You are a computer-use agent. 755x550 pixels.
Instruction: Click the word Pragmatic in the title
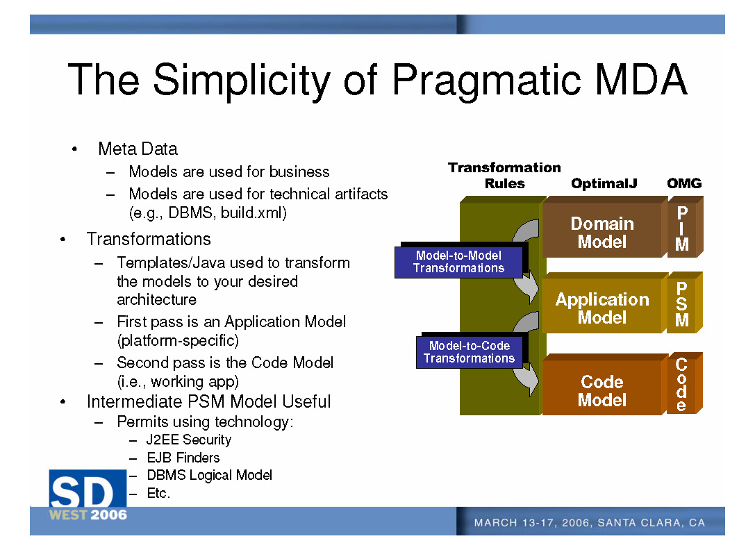(x=486, y=80)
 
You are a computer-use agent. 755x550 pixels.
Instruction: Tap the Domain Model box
(x=601, y=233)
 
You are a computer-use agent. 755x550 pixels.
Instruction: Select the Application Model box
(x=601, y=308)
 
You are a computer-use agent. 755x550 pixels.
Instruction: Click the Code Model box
(x=601, y=391)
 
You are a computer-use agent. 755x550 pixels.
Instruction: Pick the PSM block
(x=682, y=304)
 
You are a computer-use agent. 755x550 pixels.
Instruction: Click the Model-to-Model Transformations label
(x=458, y=262)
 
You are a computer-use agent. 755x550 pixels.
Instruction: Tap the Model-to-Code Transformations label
(x=469, y=352)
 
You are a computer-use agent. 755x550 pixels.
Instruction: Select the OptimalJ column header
(x=604, y=184)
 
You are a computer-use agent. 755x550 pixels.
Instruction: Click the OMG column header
(x=684, y=184)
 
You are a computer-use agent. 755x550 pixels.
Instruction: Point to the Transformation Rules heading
(x=504, y=176)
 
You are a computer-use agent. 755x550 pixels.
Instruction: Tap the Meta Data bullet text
(x=138, y=149)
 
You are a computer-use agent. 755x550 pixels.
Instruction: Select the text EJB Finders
(x=183, y=458)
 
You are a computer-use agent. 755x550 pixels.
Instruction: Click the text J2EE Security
(x=189, y=440)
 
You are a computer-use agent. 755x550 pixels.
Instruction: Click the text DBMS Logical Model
(x=209, y=475)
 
